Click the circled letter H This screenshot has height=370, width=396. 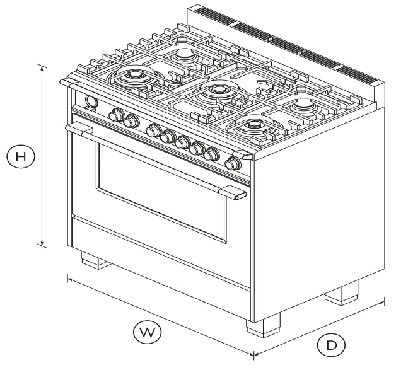point(21,156)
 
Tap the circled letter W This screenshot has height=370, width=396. point(144,331)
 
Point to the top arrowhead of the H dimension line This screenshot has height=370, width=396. point(42,67)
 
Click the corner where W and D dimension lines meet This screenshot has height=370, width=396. point(253,355)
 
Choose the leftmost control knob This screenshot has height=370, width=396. point(117,115)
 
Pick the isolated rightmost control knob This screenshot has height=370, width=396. point(233,164)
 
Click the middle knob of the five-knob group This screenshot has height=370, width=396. point(183,142)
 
